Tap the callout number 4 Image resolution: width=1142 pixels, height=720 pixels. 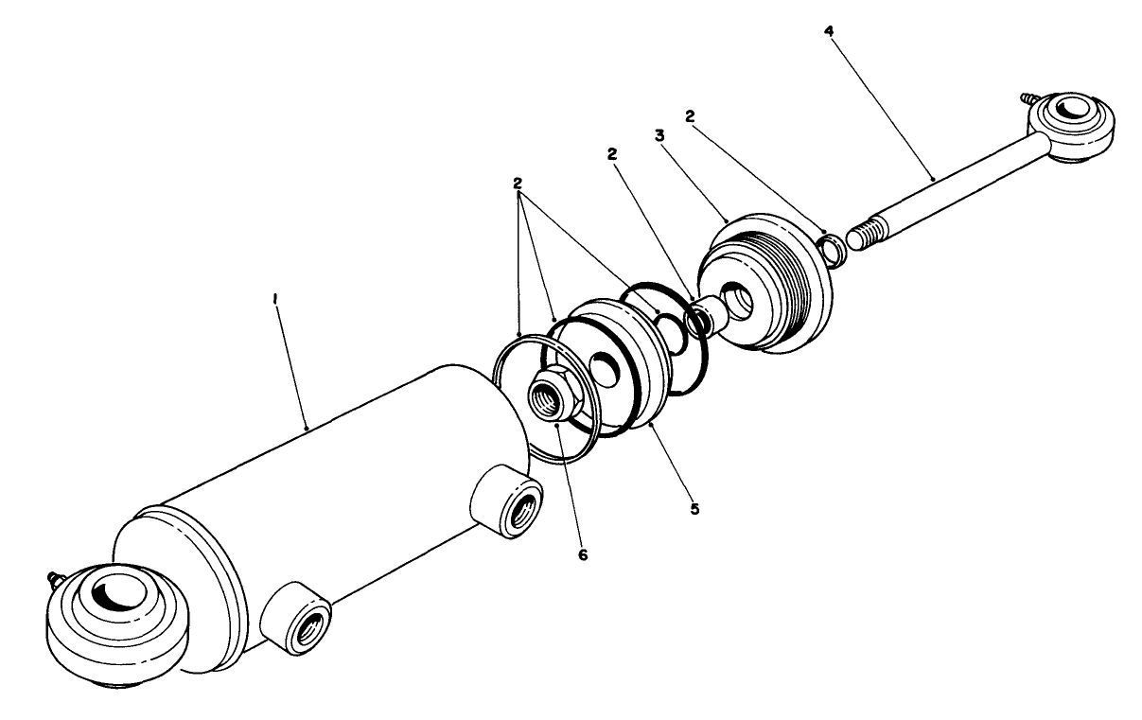coord(829,31)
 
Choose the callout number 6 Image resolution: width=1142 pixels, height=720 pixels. coord(583,555)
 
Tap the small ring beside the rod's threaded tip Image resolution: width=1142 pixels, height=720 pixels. coord(833,248)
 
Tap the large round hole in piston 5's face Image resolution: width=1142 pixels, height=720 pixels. coord(600,364)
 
